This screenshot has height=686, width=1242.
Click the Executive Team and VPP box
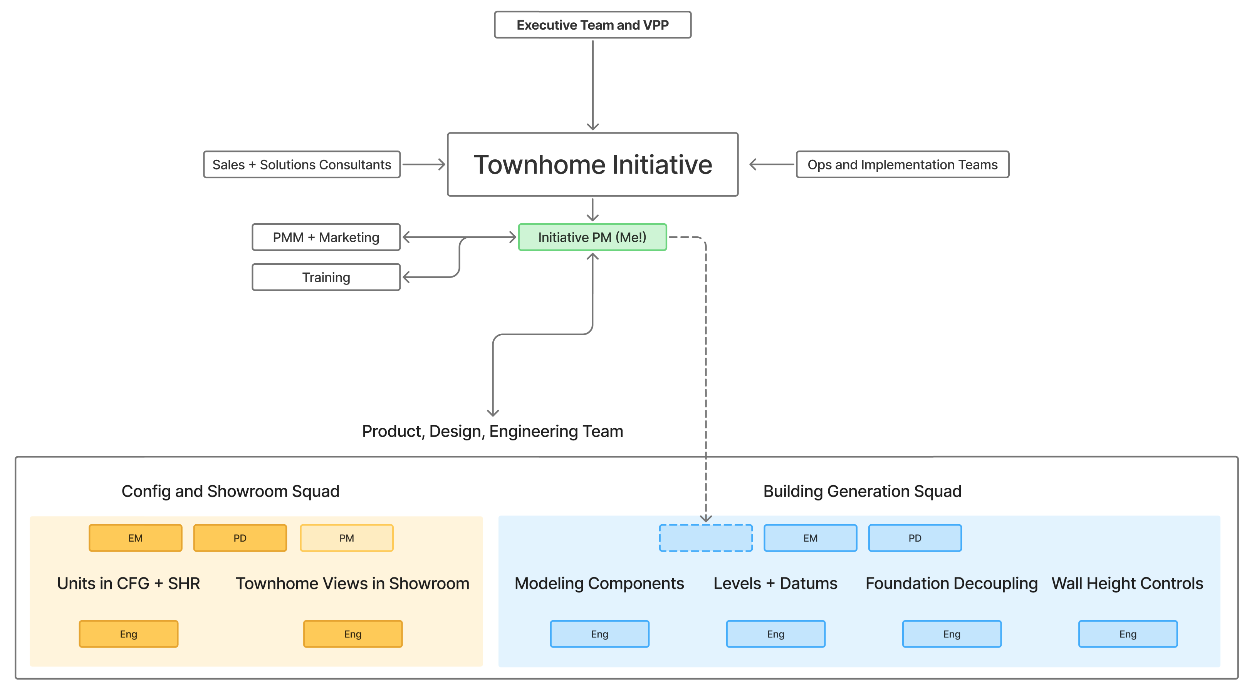(592, 25)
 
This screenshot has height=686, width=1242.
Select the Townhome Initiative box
(592, 164)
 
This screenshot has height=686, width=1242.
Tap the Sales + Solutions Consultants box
(302, 164)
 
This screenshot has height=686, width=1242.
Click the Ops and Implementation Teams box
(902, 164)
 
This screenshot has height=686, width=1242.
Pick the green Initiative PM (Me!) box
(592, 237)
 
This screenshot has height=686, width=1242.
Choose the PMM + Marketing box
(326, 237)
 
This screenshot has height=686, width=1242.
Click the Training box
(326, 277)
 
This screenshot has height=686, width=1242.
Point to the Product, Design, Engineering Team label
(492, 431)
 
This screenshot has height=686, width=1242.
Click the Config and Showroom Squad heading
(230, 491)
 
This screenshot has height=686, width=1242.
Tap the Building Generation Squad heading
(862, 491)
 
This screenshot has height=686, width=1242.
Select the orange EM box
(136, 538)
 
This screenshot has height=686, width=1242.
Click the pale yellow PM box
(347, 538)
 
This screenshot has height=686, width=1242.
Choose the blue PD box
(915, 538)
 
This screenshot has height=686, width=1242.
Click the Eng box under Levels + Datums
(775, 634)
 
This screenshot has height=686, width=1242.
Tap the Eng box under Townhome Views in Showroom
(352, 634)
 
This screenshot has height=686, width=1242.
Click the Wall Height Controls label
(1127, 583)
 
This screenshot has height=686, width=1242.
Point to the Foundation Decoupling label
(951, 583)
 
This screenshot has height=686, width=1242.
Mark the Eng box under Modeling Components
(599, 634)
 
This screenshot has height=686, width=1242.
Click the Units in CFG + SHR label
(128, 583)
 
